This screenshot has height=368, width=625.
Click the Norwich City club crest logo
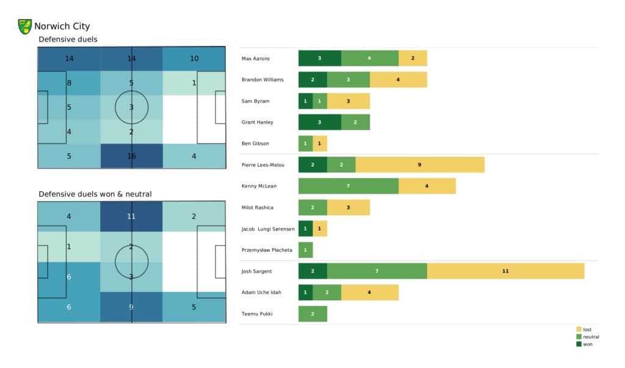pos(25,26)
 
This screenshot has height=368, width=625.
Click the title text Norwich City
pos(62,26)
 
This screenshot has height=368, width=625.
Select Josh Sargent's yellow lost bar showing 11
pos(505,271)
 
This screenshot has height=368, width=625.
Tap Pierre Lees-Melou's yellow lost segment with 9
pos(420,165)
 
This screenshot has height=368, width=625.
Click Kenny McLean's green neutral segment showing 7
pos(348,186)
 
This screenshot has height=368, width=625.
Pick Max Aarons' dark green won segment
pos(319,58)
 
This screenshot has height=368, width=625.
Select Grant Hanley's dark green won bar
pos(319,122)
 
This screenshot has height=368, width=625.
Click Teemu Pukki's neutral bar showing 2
pos(312,314)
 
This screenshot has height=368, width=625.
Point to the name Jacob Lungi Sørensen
pos(269,229)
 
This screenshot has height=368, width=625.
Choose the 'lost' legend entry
pos(587,329)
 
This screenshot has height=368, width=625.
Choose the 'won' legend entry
pos(587,344)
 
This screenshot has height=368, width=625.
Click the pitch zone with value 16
pos(131,156)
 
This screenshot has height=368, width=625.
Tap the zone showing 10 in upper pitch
pos(194,59)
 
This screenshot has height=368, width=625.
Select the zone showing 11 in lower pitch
pos(131,216)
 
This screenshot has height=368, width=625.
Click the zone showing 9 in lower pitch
pos(131,307)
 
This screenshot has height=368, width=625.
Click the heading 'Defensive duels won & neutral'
pos(95,194)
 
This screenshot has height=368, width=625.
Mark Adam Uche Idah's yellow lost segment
pos(369,292)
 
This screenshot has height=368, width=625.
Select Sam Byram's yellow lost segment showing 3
pos(348,101)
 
